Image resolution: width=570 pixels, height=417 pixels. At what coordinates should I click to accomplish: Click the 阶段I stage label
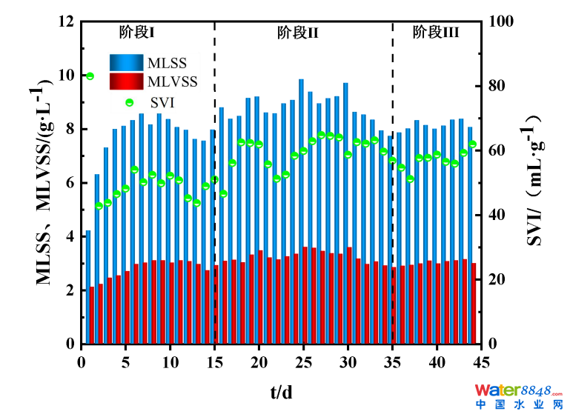(x=136, y=32)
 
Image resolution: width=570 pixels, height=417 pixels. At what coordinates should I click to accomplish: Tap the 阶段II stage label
(x=298, y=32)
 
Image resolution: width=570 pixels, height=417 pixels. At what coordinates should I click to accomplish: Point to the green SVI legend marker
(x=129, y=102)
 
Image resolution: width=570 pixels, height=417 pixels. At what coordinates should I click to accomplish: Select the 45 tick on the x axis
(x=481, y=361)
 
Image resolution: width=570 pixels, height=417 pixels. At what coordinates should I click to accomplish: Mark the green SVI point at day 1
(x=90, y=76)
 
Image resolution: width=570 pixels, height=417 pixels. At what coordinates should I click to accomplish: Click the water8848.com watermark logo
(x=519, y=396)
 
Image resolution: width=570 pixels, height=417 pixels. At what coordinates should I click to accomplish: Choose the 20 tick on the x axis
(x=259, y=361)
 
